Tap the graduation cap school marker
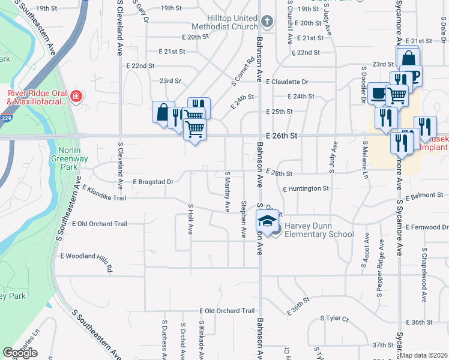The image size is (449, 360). tap(268, 221)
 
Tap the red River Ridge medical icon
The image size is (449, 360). tap(76, 97)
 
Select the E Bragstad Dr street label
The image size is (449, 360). tap(153, 181)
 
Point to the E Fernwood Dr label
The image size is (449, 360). tap(427, 227)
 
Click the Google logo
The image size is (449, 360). tap(20, 353)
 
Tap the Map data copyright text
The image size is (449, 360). tap(424, 355)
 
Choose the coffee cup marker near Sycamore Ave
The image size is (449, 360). tap(378, 93)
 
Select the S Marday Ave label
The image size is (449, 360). tap(228, 191)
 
